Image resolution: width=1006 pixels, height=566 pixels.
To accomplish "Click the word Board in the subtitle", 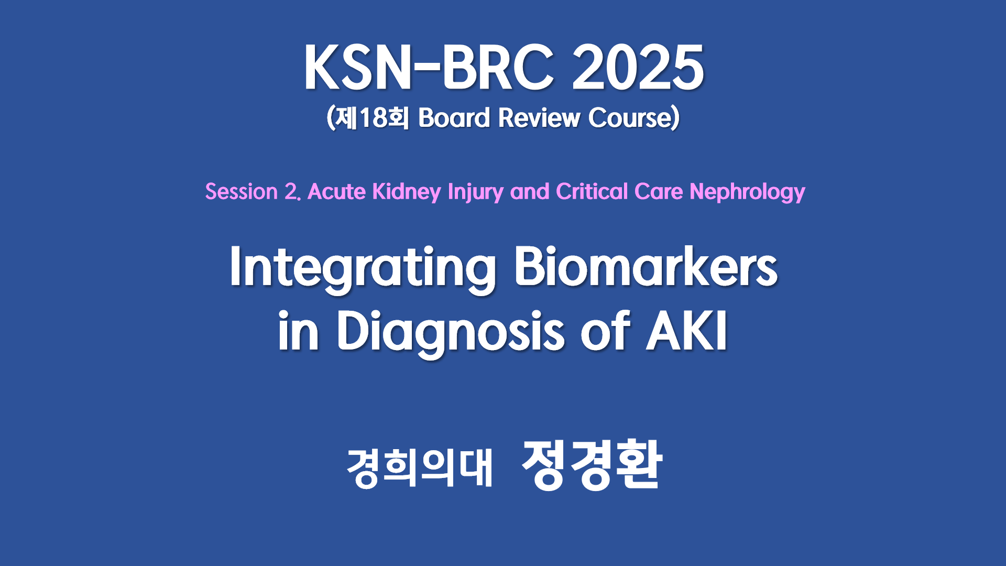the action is [454, 117].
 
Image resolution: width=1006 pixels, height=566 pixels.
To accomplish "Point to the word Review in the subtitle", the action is [539, 117].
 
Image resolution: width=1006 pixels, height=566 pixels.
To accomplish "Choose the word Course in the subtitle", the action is [630, 117].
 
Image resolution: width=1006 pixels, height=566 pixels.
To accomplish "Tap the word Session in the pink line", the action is [242, 191].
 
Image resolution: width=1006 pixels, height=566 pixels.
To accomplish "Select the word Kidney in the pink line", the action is [407, 192].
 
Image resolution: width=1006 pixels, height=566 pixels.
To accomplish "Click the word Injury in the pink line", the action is [475, 192].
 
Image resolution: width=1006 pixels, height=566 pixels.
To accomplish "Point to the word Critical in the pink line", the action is [592, 191].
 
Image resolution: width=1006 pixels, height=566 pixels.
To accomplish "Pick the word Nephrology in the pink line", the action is [747, 192].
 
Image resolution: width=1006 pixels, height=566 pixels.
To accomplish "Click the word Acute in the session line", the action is [336, 191].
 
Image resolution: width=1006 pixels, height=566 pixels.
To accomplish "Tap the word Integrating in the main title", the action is [363, 268].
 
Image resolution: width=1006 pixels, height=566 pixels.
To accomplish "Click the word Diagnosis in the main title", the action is [451, 332].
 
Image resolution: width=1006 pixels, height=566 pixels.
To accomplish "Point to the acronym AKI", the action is [686, 330].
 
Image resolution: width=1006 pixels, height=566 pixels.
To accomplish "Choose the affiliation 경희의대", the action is [420, 467].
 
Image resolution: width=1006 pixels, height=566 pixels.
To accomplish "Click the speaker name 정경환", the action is [592, 465].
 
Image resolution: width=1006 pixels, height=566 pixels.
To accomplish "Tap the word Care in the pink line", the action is [658, 191].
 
